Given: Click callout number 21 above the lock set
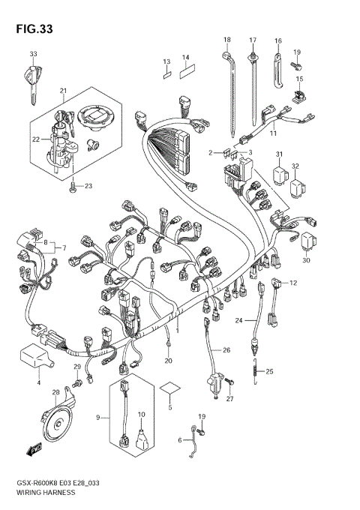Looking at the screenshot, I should click(64, 91).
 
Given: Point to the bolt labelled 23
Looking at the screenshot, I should click(72, 187).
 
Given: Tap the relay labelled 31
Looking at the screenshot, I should click(282, 175).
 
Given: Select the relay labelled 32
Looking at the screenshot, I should click(300, 181).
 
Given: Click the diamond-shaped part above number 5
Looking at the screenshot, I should click(170, 388).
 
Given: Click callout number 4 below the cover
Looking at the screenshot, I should click(38, 382).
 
